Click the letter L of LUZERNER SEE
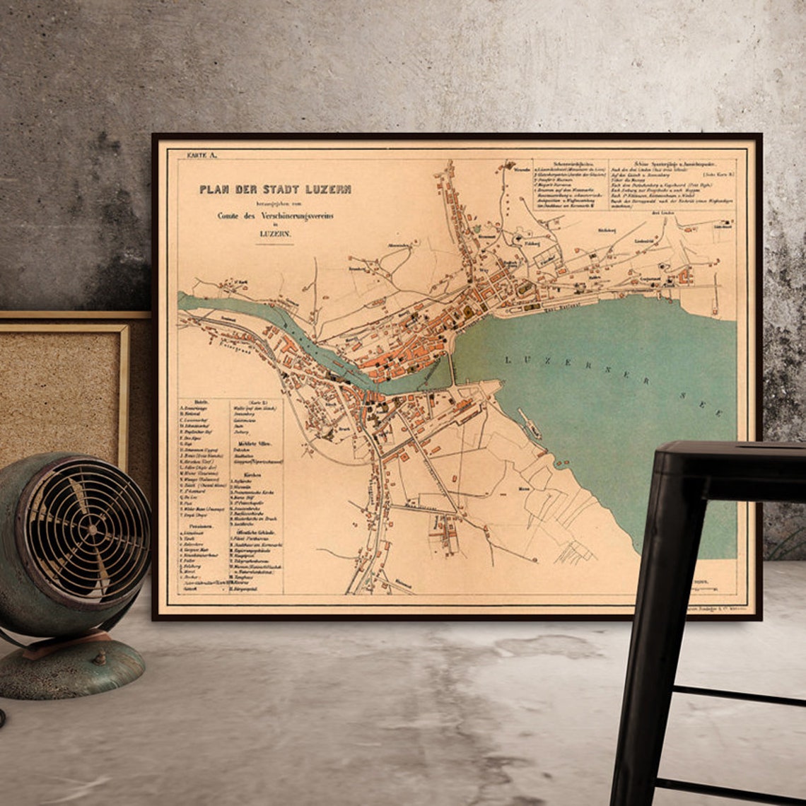point(507,360)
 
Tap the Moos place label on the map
point(524,488)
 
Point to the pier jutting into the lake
point(529,423)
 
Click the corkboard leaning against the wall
point(60,396)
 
